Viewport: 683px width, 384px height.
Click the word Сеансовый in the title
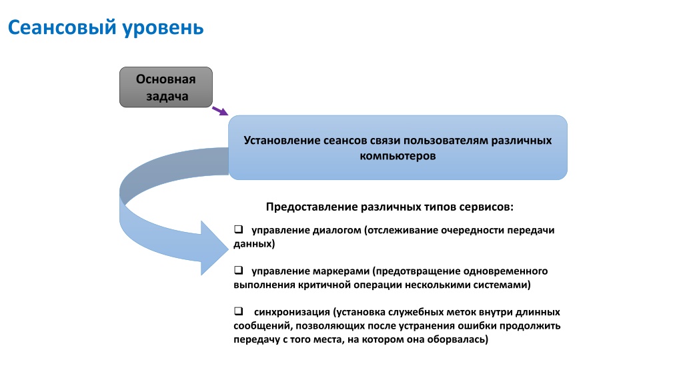(62, 28)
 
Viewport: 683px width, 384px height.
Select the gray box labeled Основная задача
(166, 87)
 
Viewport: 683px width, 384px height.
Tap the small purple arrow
(220, 111)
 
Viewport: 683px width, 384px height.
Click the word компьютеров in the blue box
(398, 156)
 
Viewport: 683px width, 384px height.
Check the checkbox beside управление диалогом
(238, 229)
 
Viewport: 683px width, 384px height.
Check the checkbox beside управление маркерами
(238, 271)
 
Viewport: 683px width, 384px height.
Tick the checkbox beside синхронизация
(238, 311)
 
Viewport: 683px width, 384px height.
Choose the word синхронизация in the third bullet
(292, 312)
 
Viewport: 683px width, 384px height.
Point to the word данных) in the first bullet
(254, 244)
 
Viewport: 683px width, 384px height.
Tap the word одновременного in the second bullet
(506, 271)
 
